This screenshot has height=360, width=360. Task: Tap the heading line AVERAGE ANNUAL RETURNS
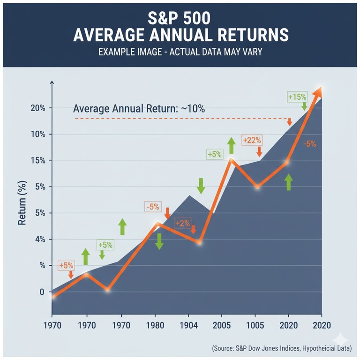(x=180, y=36)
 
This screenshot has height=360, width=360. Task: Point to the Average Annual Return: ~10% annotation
(x=139, y=109)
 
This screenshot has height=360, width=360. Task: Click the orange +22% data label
(x=252, y=140)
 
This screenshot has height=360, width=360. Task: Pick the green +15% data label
(x=297, y=97)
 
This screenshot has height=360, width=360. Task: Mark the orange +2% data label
(x=182, y=223)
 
